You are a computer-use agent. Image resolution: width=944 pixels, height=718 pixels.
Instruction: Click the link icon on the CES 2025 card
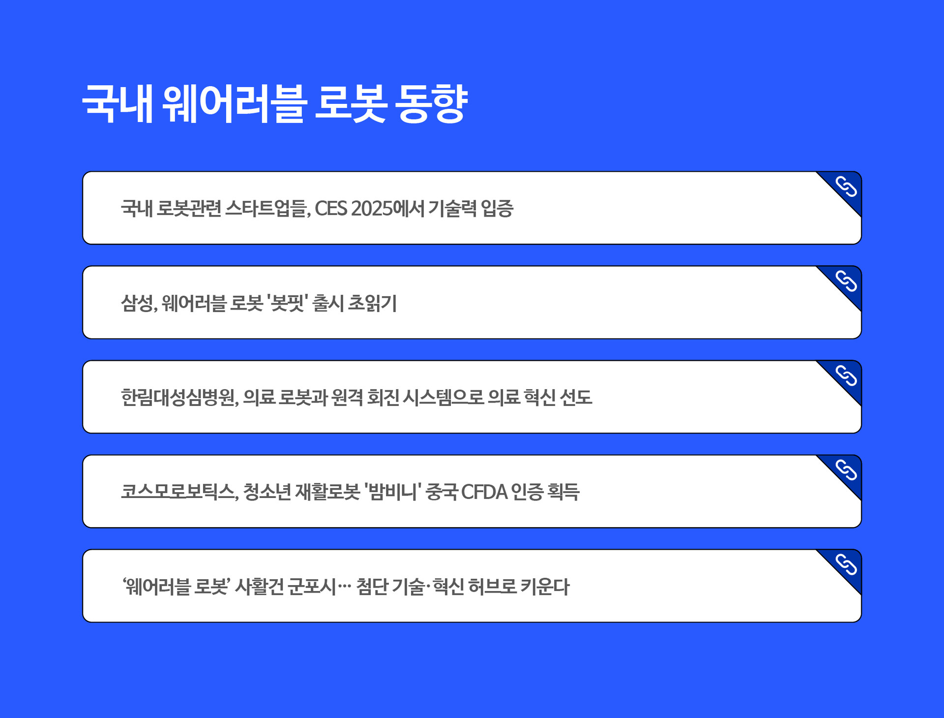846,187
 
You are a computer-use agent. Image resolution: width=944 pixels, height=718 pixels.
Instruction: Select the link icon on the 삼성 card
846,281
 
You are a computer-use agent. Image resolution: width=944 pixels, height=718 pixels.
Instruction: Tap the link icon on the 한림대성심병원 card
846,375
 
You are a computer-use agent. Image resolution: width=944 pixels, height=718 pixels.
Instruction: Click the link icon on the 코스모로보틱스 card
846,470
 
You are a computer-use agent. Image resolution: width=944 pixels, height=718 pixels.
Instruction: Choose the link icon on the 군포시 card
846,564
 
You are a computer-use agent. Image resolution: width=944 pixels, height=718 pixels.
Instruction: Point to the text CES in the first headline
331,209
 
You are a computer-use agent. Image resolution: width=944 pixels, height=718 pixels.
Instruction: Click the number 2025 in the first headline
374,209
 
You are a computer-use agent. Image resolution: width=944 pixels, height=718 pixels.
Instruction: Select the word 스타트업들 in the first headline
267,209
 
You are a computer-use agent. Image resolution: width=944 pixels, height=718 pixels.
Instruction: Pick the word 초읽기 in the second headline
372,303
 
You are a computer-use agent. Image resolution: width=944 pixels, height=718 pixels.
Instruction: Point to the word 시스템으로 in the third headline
443,398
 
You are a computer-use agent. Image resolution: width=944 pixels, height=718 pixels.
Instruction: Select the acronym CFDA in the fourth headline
484,492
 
